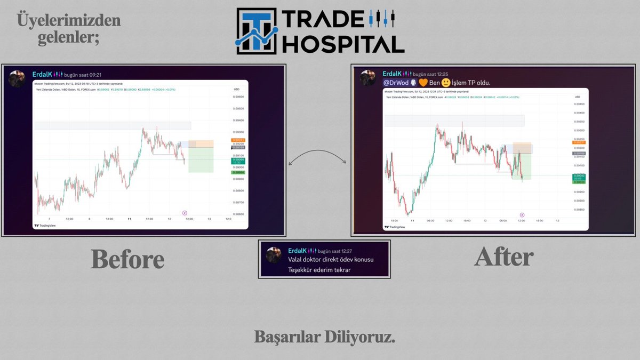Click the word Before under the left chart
(x=127, y=259)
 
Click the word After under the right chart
(x=503, y=257)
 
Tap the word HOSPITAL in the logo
(x=342, y=44)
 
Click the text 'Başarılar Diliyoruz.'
(x=325, y=338)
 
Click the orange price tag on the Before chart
(x=238, y=140)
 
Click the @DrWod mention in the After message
(x=396, y=83)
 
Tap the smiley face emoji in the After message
(x=446, y=83)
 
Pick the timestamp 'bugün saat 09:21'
(x=83, y=74)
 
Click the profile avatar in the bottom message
(x=274, y=255)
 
